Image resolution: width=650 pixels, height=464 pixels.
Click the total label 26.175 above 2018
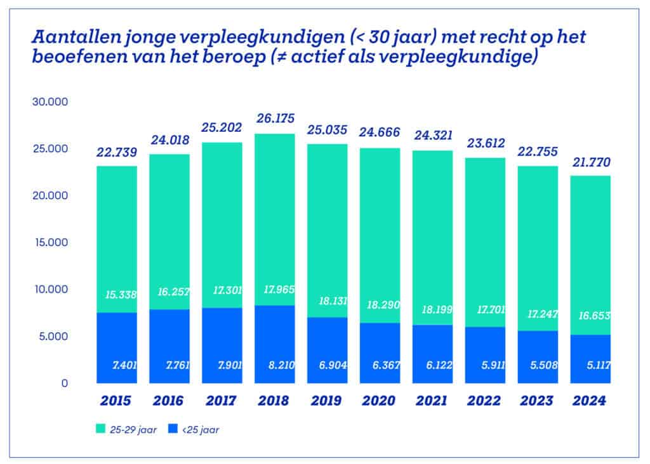pos(275,119)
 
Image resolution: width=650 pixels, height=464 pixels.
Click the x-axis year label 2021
pos(432,401)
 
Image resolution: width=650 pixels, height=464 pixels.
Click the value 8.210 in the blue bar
pos(276,366)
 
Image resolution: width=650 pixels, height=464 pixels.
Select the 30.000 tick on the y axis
pos(49,102)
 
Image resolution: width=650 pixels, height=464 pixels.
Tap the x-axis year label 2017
pos(222,401)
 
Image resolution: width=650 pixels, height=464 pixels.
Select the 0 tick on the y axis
pos(64,383)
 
